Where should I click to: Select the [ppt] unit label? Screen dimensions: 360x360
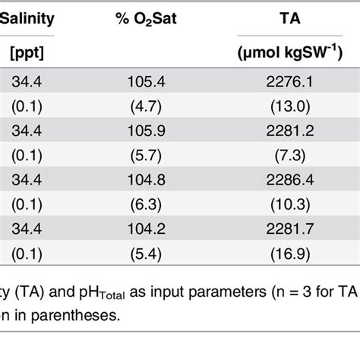click(24, 55)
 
